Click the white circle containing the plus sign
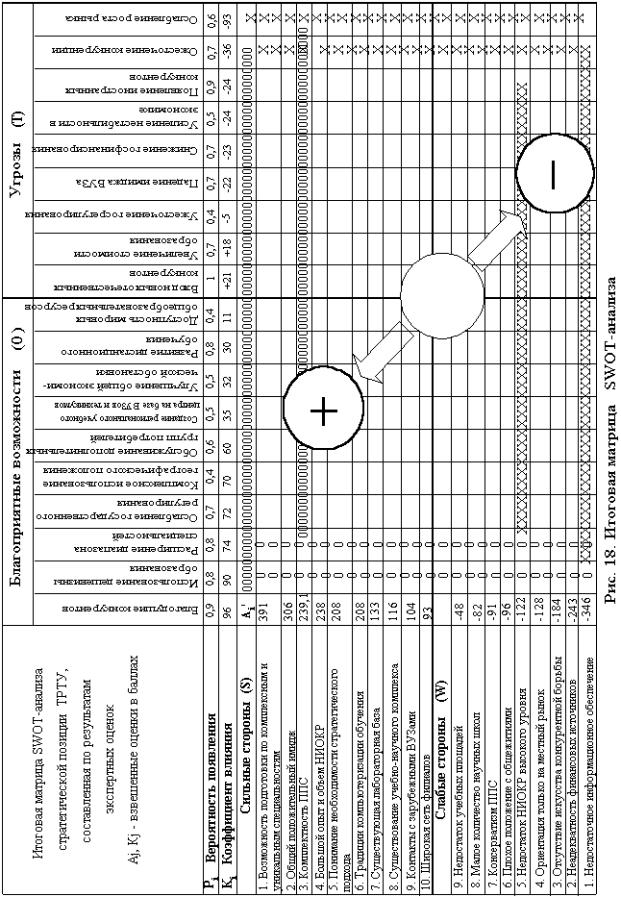tap(324, 410)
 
